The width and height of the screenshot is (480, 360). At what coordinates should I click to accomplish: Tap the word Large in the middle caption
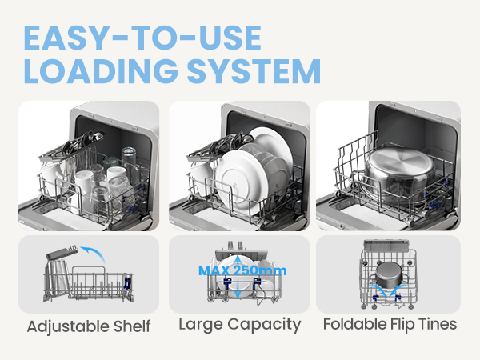coord(200,324)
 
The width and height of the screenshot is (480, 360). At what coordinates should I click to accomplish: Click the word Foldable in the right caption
coord(352,324)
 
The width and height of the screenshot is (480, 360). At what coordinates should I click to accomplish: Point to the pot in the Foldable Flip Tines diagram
coord(390,275)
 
